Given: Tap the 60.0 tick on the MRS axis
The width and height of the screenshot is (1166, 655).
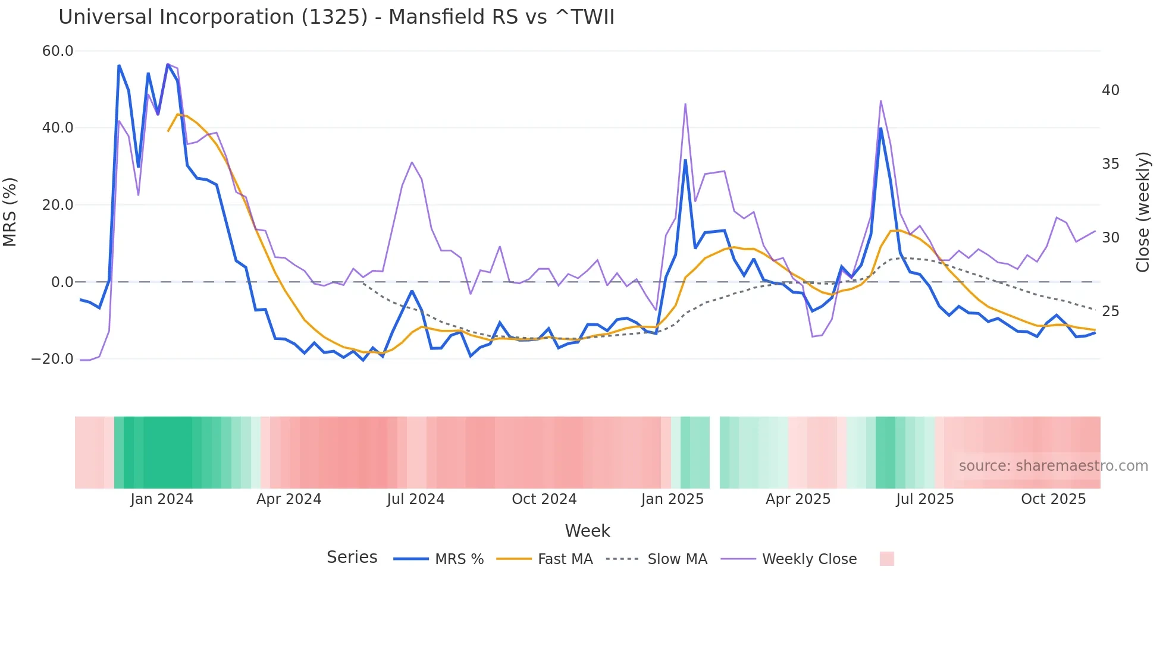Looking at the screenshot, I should (x=58, y=51).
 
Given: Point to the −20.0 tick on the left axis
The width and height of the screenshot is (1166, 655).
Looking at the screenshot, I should (x=52, y=359).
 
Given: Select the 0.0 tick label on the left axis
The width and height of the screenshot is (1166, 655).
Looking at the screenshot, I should (x=62, y=282).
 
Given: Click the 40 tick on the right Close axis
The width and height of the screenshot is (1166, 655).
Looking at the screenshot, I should (x=1110, y=90).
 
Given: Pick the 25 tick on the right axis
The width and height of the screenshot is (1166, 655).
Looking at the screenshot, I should (x=1110, y=311).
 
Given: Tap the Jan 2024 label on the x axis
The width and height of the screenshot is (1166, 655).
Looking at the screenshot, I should (x=162, y=499).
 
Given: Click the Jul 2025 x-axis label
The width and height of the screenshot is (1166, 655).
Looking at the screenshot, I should (x=924, y=499).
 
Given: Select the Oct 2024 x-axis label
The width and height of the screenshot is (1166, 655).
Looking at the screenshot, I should (x=544, y=499).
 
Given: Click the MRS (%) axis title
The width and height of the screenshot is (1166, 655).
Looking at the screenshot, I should (x=10, y=212).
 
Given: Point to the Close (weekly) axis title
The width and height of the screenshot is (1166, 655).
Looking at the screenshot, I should (x=1143, y=212).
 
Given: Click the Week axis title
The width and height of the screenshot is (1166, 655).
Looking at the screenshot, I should (x=587, y=531).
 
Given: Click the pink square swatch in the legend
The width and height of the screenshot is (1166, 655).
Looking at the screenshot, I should (x=886, y=559).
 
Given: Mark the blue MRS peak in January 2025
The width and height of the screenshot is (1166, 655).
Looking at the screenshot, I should (x=685, y=160).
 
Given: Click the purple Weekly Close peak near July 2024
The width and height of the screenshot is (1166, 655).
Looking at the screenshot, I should (x=412, y=162).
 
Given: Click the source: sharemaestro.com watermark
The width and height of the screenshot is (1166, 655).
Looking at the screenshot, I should (x=1053, y=466).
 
